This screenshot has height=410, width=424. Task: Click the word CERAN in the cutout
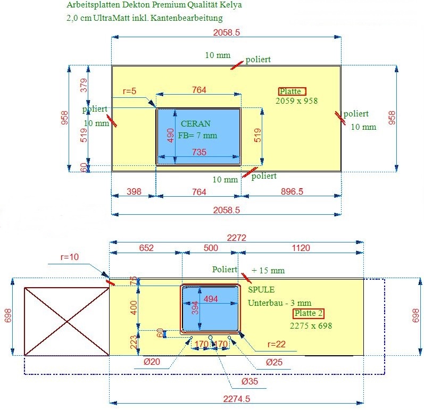(x=195, y=124)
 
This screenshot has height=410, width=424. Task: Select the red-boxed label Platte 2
(x=309, y=313)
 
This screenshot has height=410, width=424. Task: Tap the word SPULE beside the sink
(x=261, y=290)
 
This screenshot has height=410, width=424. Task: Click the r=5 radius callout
(x=129, y=91)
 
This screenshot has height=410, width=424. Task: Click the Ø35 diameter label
(x=235, y=382)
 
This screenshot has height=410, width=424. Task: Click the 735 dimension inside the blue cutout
(x=198, y=152)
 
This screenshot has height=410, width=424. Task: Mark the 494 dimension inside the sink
(x=211, y=299)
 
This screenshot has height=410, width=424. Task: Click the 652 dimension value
(x=146, y=248)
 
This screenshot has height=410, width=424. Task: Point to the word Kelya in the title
(x=230, y=5)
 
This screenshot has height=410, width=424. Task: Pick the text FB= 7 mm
(x=197, y=135)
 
